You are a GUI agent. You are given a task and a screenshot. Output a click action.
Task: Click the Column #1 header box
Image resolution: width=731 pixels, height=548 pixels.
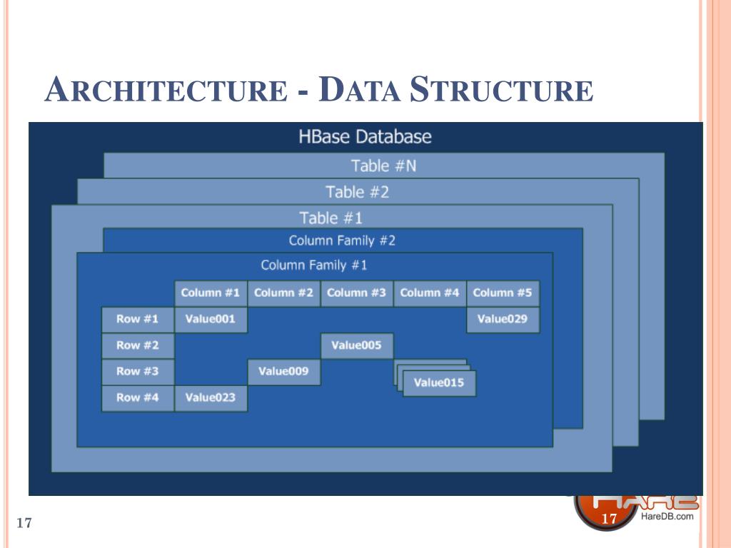click(211, 293)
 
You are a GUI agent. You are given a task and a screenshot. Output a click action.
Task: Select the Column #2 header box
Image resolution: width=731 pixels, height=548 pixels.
click(283, 293)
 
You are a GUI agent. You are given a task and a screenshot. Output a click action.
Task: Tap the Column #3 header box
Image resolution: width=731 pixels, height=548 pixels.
click(356, 293)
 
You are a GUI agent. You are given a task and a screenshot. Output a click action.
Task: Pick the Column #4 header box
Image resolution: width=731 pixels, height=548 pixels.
click(430, 293)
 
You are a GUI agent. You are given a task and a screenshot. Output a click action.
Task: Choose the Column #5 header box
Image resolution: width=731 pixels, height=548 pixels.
click(503, 293)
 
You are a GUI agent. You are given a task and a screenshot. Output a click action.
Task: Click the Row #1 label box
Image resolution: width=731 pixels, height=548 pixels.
click(138, 320)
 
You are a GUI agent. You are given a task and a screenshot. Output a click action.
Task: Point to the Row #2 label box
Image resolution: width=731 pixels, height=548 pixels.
click(138, 346)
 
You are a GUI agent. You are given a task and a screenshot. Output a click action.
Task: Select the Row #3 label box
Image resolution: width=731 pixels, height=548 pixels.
click(138, 372)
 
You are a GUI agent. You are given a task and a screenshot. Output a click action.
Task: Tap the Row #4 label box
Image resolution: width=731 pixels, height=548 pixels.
click(138, 398)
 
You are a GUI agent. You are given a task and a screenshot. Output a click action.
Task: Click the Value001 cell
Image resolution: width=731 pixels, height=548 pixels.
click(211, 320)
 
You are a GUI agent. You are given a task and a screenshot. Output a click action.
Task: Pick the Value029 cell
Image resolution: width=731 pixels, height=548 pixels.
click(503, 320)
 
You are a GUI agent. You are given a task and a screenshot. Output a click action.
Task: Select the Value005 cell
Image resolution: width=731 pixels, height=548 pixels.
click(356, 346)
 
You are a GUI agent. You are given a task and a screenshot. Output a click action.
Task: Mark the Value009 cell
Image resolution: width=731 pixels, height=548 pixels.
click(283, 372)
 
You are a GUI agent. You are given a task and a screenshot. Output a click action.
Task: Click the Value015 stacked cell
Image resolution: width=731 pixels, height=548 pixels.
click(438, 383)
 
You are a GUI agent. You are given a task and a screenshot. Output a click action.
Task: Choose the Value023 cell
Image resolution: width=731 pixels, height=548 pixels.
click(211, 398)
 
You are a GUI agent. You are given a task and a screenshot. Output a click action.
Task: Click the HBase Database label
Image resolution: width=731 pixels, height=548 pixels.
click(365, 136)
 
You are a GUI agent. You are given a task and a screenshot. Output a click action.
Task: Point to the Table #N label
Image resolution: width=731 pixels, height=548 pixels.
click(383, 166)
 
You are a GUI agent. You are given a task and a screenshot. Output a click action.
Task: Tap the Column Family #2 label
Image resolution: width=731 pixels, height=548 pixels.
click(342, 240)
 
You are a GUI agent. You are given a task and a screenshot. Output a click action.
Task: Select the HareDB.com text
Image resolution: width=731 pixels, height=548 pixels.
click(667, 517)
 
